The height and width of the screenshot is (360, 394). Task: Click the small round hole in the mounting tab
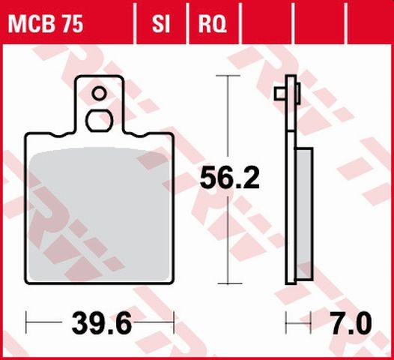pos(99,94)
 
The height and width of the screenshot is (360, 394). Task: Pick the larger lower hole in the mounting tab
pos(99,119)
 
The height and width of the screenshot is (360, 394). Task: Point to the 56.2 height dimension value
pos(229,178)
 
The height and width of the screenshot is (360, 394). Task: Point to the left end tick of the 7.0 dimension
pos(285,325)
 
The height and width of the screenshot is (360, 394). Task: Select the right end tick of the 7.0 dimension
pos(309,325)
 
